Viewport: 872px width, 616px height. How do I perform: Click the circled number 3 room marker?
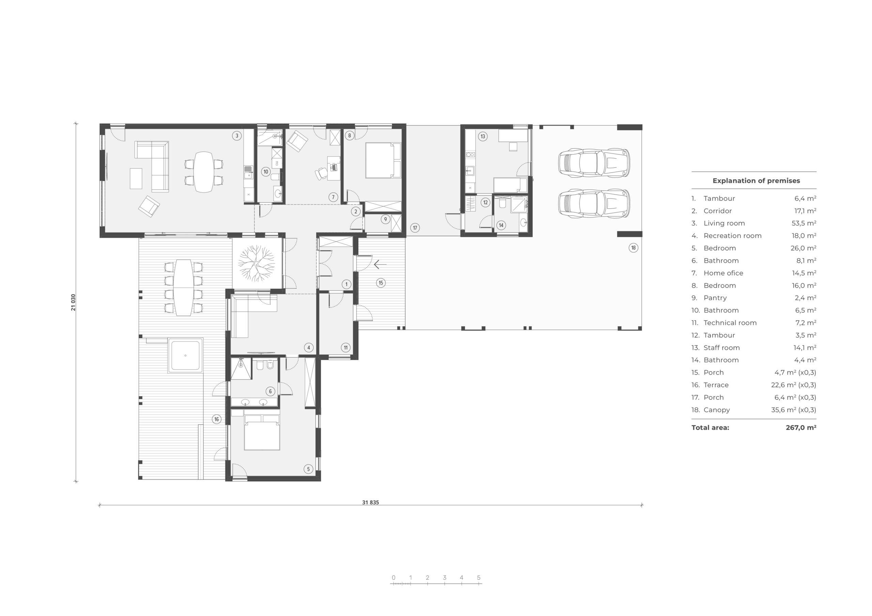[237, 136]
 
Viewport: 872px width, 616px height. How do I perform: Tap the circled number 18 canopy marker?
[633, 248]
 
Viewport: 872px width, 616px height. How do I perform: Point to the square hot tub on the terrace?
[185, 356]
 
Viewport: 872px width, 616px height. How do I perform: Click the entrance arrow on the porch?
[380, 264]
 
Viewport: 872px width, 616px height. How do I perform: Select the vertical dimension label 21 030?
[73, 302]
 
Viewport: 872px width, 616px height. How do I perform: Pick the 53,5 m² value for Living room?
[805, 223]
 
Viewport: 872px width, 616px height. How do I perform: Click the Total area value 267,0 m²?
[801, 427]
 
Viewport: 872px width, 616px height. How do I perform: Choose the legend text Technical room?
[730, 323]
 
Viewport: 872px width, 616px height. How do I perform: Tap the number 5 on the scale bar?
[479, 578]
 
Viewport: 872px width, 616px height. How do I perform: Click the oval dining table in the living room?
[204, 172]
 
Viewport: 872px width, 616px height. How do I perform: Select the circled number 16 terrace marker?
[217, 419]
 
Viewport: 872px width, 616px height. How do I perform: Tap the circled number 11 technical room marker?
[346, 347]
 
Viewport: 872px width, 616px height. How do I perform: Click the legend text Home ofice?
[723, 273]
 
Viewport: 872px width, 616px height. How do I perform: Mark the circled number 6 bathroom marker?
[270, 391]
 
